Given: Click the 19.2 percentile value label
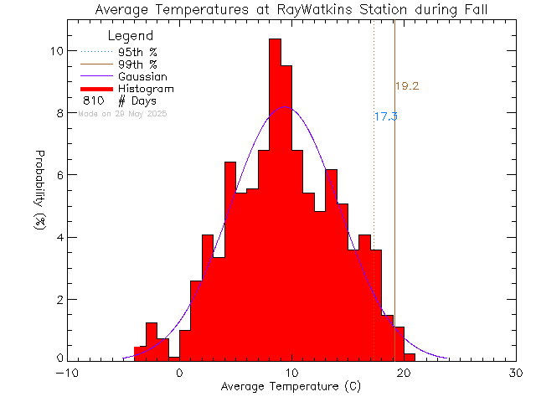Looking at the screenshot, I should point(406,86).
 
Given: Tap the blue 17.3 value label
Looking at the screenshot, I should point(385,117).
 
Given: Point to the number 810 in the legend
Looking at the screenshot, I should point(93,101).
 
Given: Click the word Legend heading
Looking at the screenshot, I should point(131,37).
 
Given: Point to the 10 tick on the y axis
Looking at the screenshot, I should point(55,51).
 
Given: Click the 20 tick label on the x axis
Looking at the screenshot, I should point(404,373).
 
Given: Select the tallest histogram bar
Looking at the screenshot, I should point(275,201).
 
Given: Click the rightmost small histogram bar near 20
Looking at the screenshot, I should point(409,357).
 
